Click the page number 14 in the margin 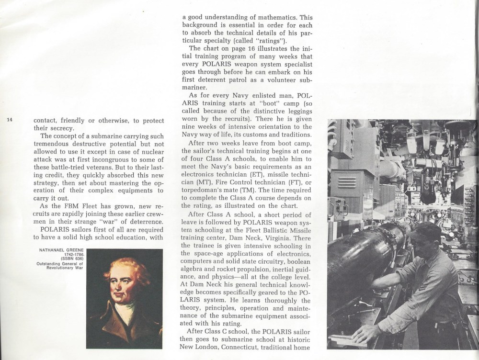10,120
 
